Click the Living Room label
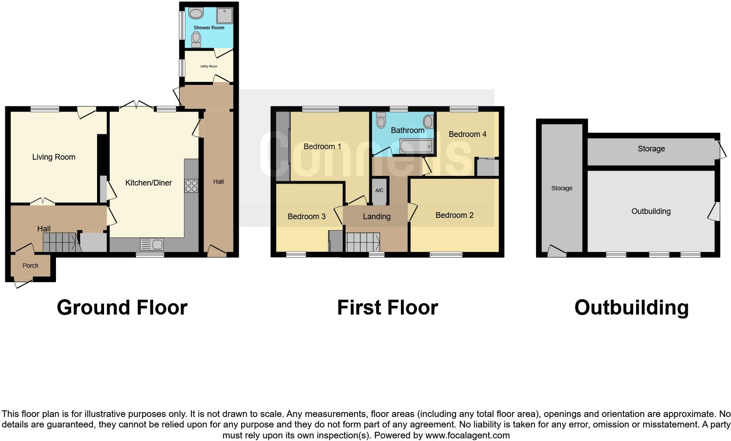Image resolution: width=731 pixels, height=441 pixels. click(54, 157)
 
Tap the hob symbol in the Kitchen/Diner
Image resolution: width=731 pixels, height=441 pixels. click(191, 186)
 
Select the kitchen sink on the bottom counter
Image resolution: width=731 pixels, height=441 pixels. click(152, 244)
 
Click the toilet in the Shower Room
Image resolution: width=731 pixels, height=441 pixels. click(196, 40)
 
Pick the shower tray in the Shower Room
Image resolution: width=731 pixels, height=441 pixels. click(225, 15)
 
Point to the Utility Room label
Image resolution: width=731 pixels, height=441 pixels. click(209, 66)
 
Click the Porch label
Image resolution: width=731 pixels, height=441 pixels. click(31, 266)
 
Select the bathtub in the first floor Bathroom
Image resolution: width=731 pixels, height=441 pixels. click(416, 146)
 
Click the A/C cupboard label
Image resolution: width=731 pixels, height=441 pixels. click(379, 190)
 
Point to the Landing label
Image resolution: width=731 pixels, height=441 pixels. click(376, 217)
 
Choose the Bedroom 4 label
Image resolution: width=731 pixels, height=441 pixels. click(467, 134)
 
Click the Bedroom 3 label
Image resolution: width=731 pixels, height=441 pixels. click(306, 217)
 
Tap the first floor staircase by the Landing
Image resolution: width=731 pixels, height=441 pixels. click(362, 242)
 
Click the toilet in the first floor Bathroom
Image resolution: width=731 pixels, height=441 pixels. click(382, 119)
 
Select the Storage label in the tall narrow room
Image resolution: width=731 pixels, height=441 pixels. click(561, 188)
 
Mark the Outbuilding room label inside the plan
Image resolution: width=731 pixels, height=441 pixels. click(651, 211)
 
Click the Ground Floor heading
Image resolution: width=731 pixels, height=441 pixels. click(122, 308)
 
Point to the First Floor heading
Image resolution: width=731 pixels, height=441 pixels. click(387, 308)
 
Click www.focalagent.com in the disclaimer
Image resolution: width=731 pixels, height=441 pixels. click(467, 435)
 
